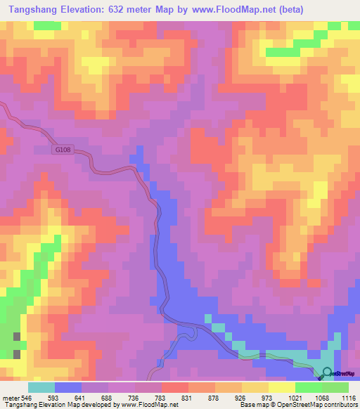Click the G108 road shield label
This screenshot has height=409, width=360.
(63, 150)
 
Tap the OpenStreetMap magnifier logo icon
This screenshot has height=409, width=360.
(328, 372)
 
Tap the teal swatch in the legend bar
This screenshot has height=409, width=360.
(41, 387)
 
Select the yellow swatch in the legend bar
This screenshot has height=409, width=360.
(255, 387)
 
